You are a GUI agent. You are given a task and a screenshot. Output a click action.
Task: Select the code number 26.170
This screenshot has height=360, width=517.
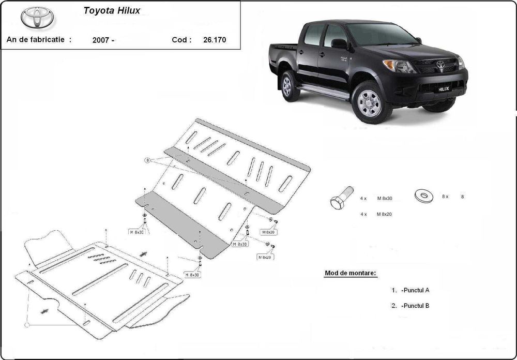215,39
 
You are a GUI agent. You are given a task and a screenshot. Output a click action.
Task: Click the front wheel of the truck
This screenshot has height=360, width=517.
369,103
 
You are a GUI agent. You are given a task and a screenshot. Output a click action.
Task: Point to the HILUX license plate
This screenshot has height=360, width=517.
445,88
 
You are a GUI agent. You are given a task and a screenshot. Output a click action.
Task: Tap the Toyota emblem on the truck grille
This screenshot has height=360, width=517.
440,65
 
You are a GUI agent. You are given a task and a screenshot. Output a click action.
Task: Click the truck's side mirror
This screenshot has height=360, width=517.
340,44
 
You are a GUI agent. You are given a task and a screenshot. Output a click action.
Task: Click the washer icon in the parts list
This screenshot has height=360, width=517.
423,196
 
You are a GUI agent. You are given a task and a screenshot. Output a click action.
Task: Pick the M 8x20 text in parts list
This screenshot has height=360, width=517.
384,214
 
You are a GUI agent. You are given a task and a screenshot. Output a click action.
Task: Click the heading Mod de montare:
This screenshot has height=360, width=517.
350,273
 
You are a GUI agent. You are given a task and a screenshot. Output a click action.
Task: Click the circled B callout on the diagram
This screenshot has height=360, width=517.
147,160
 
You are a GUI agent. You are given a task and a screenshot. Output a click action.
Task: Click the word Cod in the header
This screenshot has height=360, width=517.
180,39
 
